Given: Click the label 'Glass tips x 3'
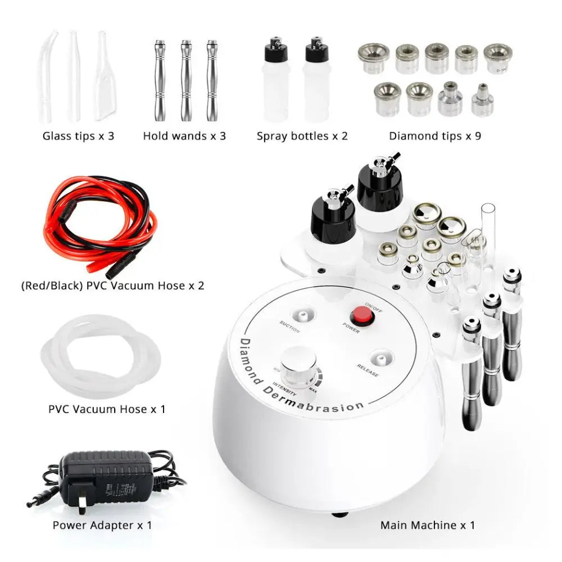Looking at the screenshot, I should (78, 135).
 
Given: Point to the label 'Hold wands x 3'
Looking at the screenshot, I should (184, 135).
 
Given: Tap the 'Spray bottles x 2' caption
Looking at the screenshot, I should (302, 135).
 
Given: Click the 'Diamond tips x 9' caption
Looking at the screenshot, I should (434, 135).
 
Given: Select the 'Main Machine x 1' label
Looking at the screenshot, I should (427, 525).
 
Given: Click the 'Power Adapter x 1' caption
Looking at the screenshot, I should (102, 525).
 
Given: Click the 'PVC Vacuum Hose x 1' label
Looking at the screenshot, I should (107, 409).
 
